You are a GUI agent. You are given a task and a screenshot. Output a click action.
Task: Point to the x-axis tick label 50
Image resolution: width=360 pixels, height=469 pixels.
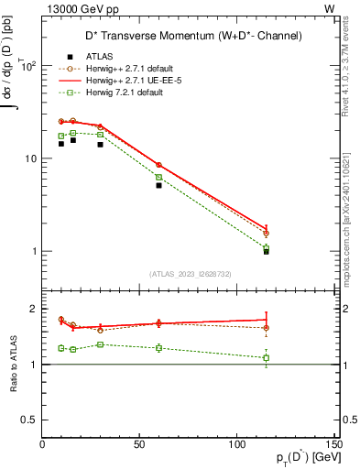click(139, 444)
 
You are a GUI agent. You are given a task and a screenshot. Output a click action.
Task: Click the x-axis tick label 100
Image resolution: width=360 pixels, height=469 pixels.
click(236, 444)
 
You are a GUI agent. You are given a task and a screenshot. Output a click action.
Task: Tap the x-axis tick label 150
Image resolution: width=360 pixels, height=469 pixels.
click(333, 444)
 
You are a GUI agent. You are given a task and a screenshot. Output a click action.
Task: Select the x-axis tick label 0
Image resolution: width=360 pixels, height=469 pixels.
click(42, 444)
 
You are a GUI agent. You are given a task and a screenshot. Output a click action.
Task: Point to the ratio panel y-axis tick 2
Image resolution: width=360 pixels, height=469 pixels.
click(33, 309)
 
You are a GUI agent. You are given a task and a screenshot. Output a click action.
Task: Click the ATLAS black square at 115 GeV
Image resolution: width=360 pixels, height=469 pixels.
click(267, 251)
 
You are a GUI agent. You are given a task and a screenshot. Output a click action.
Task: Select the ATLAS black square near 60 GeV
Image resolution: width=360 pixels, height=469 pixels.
click(158, 185)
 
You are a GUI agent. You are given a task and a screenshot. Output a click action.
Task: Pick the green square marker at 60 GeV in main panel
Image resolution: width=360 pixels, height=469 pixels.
click(158, 177)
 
